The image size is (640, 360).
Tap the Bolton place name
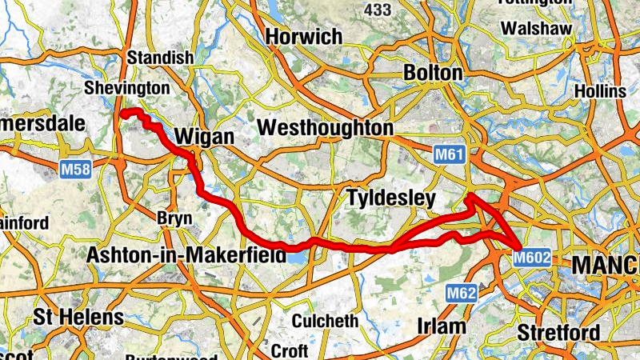pos(434,74)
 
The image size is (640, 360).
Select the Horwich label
pos(304,37)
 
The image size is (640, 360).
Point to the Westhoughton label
pos(326,128)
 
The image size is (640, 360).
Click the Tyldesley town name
pos(390,198)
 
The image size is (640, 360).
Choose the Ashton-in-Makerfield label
pos(186,255)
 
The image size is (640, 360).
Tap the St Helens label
pos(78,316)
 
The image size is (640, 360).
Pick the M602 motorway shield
pos(531,258)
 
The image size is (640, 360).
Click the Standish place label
pos(161,58)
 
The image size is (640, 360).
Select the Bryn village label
pos(174,218)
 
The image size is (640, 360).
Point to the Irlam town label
pos(442,326)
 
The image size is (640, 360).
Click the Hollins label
pos(599,91)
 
